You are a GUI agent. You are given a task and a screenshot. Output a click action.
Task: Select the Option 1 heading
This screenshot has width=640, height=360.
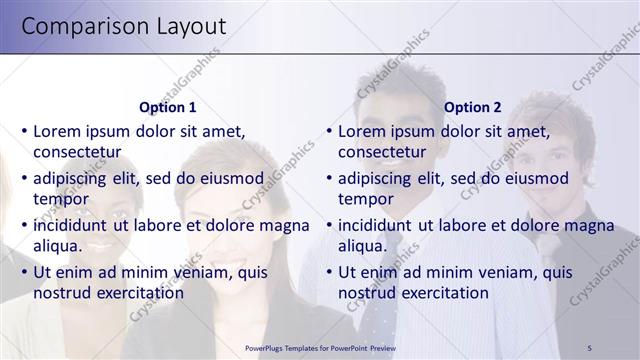pos(167,107)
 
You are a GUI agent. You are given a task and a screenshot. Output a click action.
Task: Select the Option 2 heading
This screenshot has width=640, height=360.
pos(472,107)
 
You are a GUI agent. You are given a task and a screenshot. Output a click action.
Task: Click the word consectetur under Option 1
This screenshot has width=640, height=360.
pos(77,153)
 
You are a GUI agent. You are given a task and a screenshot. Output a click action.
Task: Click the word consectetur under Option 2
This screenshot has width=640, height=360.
pos(382,153)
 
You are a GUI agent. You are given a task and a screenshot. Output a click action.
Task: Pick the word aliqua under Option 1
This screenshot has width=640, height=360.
pos(58,246)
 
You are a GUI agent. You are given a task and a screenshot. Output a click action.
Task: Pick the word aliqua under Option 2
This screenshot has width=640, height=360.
pos(363,246)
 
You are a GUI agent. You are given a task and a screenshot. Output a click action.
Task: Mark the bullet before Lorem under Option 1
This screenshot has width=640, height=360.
pos(24,132)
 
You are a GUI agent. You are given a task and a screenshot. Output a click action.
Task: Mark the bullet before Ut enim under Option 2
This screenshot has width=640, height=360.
pos(329,273)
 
